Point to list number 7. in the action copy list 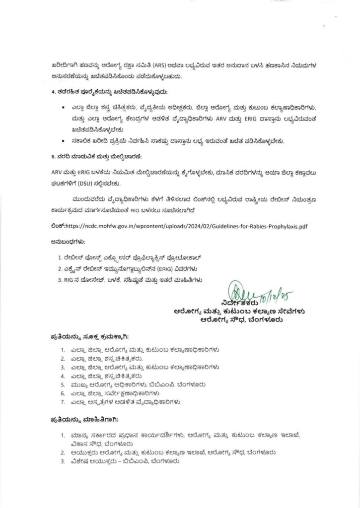[x=63, y=401]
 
